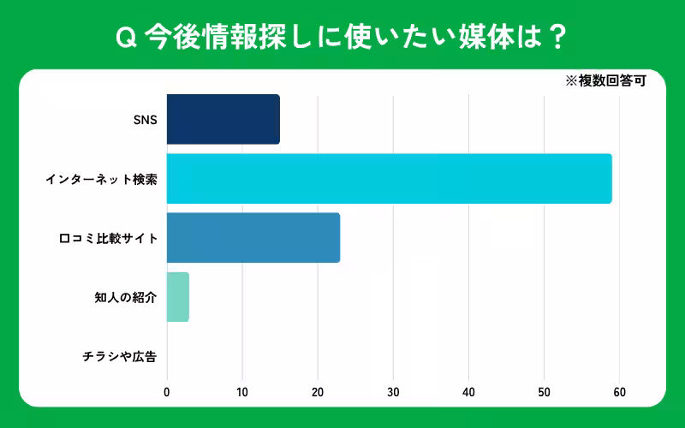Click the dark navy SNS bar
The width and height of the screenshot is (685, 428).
click(223, 119)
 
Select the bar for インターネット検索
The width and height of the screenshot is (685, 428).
click(389, 179)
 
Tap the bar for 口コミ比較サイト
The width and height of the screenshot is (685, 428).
click(253, 238)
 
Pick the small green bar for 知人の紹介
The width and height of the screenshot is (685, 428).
click(177, 297)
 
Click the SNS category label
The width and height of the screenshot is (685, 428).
click(145, 120)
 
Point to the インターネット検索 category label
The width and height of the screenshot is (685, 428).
click(101, 180)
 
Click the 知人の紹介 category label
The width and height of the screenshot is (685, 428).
click(125, 298)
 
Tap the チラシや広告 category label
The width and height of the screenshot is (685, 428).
click(120, 357)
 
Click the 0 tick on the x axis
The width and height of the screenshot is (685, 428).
click(167, 393)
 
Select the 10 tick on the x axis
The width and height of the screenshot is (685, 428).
click(242, 393)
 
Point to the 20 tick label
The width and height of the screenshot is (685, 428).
click(318, 393)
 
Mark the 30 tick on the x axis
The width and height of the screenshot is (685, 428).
click(393, 393)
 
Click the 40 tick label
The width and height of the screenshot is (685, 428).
click(468, 393)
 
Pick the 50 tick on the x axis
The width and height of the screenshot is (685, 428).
click(544, 393)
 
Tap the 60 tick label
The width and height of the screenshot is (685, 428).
click(619, 393)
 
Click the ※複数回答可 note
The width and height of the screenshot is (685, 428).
click(605, 82)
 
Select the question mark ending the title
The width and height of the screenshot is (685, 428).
click(556, 37)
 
